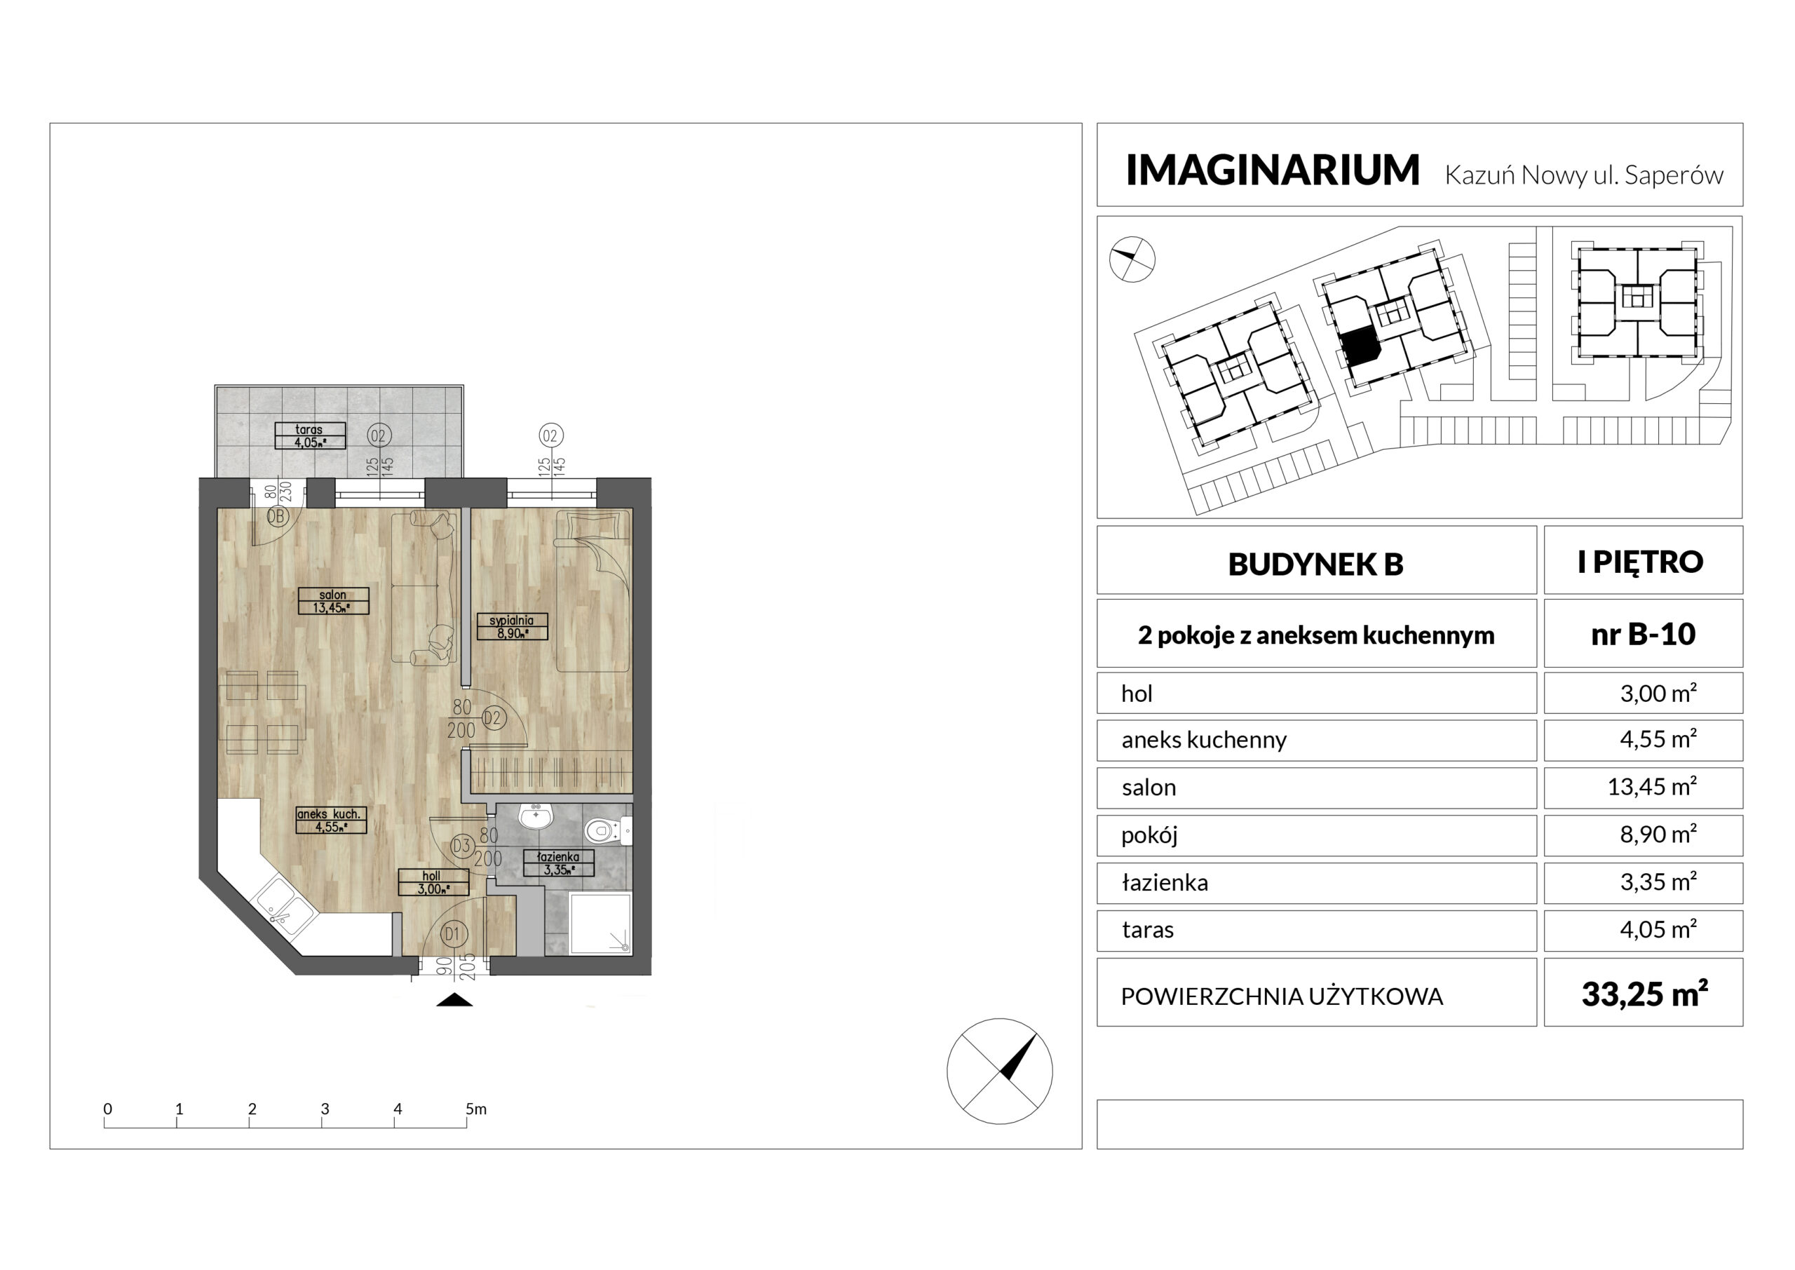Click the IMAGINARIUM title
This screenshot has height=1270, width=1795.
[1272, 170]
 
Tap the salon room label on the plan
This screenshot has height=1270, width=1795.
[333, 600]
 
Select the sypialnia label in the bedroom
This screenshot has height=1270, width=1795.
[512, 626]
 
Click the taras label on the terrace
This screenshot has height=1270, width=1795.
[310, 435]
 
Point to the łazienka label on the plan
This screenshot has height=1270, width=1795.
[558, 863]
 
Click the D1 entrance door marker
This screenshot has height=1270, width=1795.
[454, 933]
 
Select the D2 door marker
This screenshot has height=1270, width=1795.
[494, 717]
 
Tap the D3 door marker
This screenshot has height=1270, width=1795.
[462, 845]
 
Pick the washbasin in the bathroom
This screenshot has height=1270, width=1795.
[536, 816]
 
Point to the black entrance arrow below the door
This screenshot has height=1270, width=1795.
[454, 999]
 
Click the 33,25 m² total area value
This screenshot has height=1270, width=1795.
[1644, 994]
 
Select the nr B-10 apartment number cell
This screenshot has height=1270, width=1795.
[1644, 633]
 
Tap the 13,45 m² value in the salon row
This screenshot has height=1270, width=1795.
[1652, 787]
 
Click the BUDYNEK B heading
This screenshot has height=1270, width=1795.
[1316, 564]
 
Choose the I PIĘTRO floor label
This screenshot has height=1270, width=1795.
[1641, 562]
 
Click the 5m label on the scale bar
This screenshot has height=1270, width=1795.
[476, 1109]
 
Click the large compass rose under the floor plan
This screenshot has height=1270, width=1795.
[999, 1072]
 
